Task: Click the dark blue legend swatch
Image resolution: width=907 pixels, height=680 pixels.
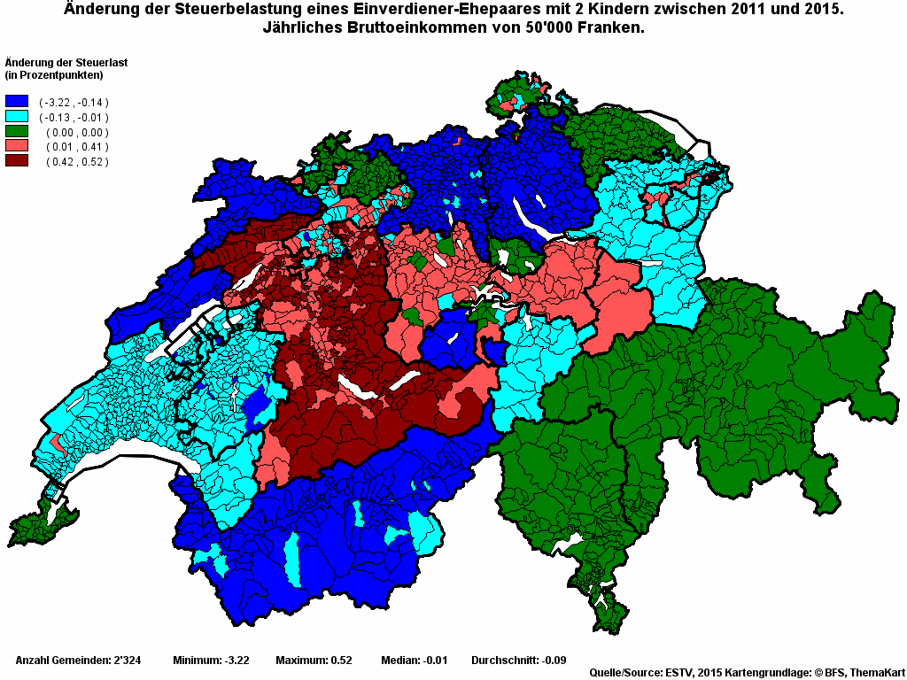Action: (x=17, y=103)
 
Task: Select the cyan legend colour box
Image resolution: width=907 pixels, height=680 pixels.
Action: (x=17, y=117)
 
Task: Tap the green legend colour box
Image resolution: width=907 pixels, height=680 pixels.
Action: (x=17, y=132)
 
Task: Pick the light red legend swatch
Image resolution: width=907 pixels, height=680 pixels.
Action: (x=17, y=146)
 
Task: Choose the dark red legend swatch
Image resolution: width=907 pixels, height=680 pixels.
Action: (x=17, y=161)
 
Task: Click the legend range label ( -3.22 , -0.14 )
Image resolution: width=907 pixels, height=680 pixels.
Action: (x=74, y=103)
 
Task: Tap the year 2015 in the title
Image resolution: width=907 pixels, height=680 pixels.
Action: (x=823, y=10)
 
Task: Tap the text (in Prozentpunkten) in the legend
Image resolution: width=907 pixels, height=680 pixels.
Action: (x=54, y=74)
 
